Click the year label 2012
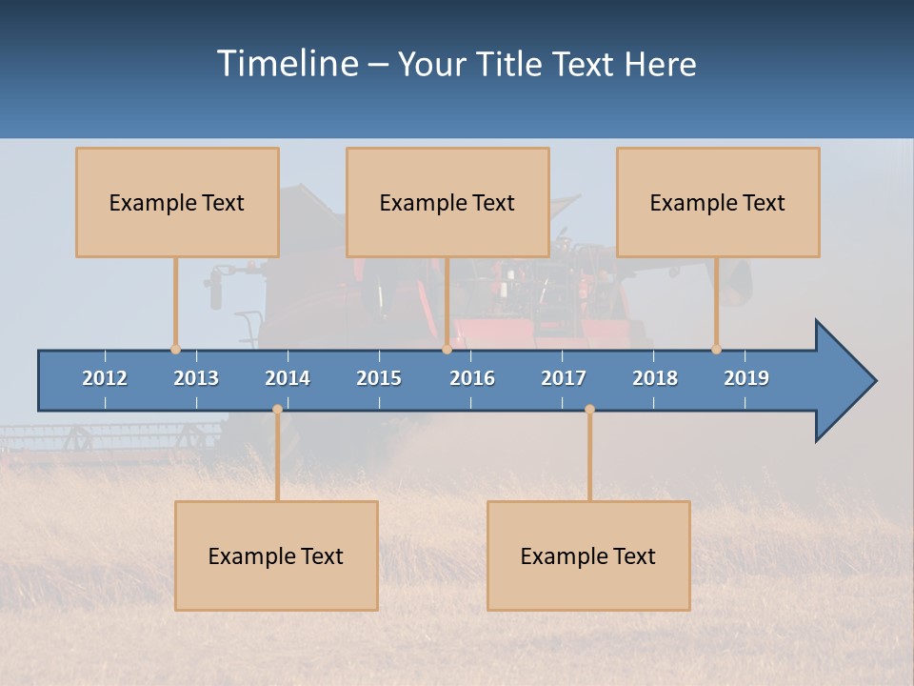[105, 378]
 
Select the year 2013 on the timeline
[196, 378]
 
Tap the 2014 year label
[288, 378]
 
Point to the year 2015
[379, 378]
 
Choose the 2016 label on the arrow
[472, 378]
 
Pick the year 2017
[564, 378]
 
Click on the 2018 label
[655, 378]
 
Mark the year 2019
[746, 378]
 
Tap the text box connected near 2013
[177, 202]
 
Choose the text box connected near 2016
[447, 202]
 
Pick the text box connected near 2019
[718, 202]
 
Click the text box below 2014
[276, 555]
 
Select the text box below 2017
[588, 555]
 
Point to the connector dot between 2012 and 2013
[176, 349]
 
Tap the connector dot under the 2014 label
[277, 409]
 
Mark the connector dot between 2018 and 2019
[716, 349]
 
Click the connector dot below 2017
[589, 409]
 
